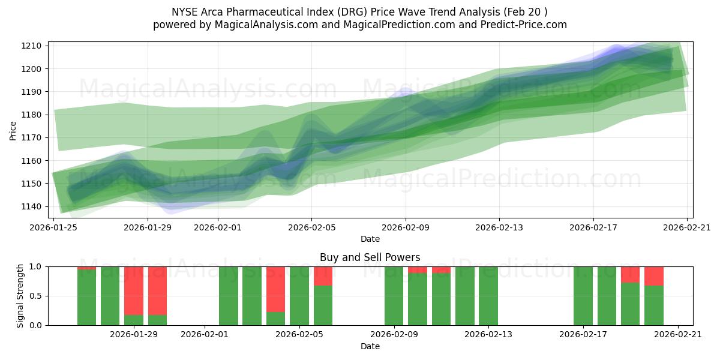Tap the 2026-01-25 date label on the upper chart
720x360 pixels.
point(54,227)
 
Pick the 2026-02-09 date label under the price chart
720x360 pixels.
point(406,227)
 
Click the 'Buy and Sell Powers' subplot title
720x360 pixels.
point(370,257)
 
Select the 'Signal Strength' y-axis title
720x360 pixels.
point(20,295)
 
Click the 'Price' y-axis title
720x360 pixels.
point(13,130)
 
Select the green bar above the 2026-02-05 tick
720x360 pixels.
point(299,296)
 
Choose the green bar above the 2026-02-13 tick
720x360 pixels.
point(488,296)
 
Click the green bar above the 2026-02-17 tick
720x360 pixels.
point(583,296)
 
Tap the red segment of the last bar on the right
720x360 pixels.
point(654,275)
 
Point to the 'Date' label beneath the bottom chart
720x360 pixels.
point(370,346)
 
